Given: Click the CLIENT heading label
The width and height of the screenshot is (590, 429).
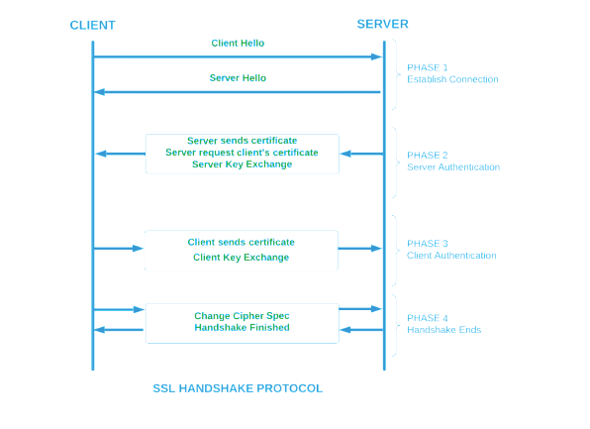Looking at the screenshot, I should coord(92,25).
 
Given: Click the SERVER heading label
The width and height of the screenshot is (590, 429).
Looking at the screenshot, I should coord(382,24).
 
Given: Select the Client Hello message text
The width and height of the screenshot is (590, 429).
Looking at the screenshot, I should coord(238,44).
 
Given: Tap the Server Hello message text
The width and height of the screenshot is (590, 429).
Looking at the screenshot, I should coord(238,77).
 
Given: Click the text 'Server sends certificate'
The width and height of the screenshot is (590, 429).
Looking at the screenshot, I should coord(242,141).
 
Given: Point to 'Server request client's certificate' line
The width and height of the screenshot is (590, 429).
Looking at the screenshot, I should coord(242,153).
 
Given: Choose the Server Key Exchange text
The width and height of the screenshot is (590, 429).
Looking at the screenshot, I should coord(242,164).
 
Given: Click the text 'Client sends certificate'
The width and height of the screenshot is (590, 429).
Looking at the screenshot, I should coord(241,242).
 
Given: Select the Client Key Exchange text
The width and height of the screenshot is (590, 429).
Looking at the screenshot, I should coord(241,258).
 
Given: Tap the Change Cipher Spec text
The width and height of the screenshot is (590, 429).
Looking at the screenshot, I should coord(242,316).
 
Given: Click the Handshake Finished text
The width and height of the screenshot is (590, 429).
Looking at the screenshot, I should coord(242,328).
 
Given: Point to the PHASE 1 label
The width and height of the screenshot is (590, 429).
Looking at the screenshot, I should coord(428,67).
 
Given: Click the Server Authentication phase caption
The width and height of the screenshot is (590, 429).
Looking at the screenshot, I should coord(453,167).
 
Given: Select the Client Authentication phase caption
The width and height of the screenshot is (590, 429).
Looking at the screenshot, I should coord(451,256).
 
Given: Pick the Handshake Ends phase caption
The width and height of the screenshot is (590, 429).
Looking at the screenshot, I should coord(443,330).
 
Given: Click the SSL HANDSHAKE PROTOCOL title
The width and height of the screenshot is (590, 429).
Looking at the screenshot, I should coord(238,388).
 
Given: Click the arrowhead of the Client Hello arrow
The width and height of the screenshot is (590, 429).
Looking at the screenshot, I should coord(376,57).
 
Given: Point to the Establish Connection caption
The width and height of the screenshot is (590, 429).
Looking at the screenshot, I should coord(452,79).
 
